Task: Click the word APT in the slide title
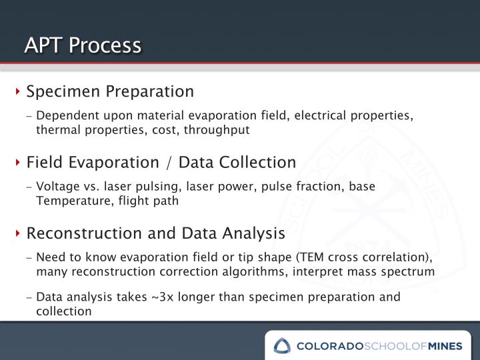tap(42, 45)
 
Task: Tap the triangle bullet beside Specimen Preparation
tap(20, 91)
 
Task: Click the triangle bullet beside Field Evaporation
tap(20, 163)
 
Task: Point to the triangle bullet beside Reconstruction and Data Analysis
tap(20, 234)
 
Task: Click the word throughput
tap(219, 130)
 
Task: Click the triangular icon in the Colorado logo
tap(282, 345)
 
